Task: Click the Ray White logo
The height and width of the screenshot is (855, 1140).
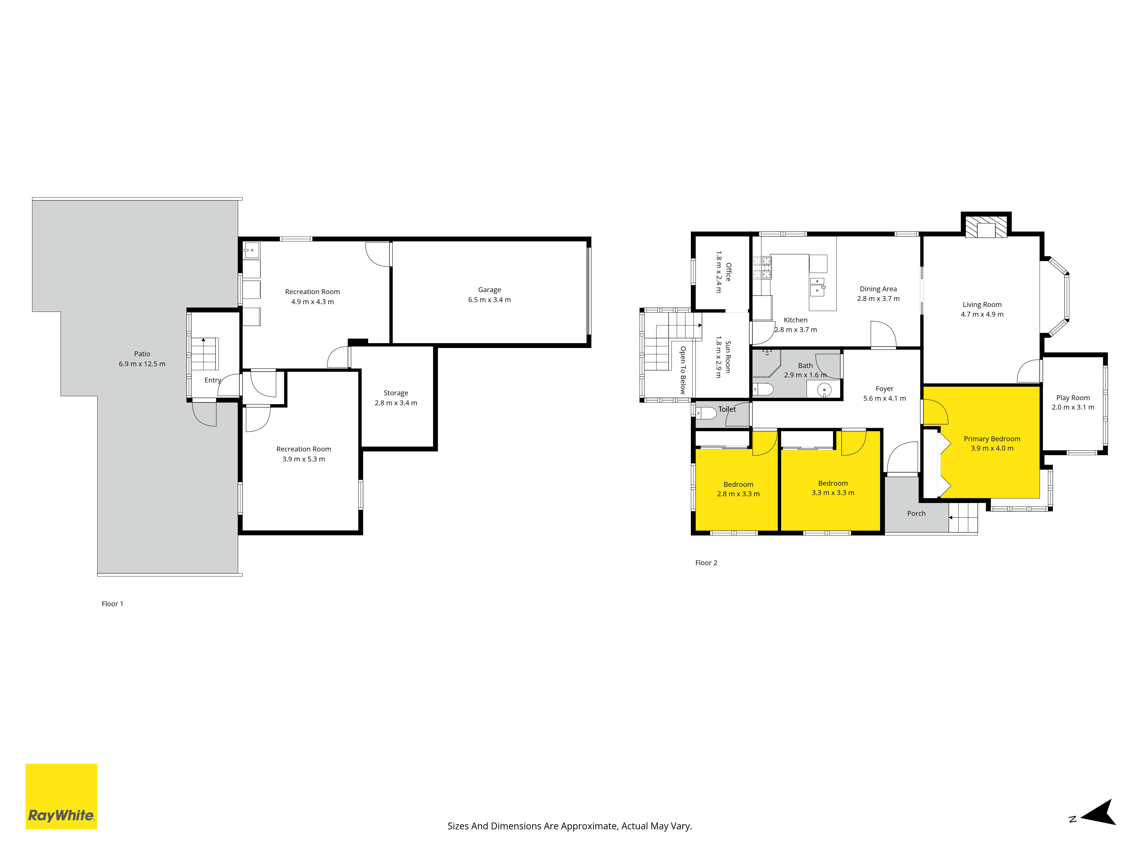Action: (61, 796)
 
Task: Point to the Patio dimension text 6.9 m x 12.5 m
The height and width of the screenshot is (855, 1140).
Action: (142, 364)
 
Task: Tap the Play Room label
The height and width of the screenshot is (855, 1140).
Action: (1073, 398)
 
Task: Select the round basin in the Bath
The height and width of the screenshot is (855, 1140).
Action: (825, 390)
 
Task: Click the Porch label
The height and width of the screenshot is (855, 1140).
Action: (916, 513)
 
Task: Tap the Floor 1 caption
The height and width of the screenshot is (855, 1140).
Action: (112, 604)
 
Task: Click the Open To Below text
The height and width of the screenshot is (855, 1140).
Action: (683, 370)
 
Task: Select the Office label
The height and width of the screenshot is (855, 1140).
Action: (728, 272)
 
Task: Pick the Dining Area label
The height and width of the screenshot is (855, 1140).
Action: (878, 289)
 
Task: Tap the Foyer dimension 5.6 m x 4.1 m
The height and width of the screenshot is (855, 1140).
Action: (884, 398)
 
